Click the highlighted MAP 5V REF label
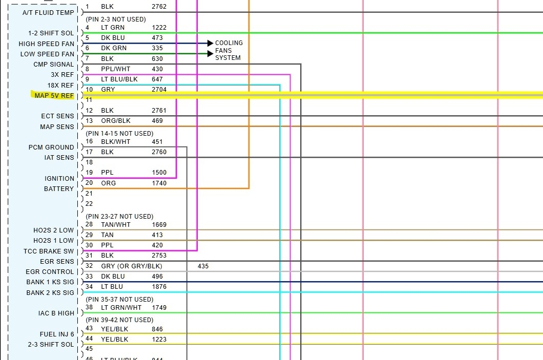54,96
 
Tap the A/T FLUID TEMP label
48,12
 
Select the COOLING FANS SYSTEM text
228,50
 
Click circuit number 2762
159,7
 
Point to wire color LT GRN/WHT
121,307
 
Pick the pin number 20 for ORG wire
89,183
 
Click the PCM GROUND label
51,147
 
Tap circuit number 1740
159,183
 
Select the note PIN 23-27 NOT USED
119,216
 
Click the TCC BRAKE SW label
49,251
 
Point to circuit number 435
203,266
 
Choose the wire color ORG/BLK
116,121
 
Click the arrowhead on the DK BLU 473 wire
210,44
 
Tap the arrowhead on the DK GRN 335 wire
210,53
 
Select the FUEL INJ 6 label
57,334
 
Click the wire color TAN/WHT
116,224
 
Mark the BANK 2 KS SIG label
50,293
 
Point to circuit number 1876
159,287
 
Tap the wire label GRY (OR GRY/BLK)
132,266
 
